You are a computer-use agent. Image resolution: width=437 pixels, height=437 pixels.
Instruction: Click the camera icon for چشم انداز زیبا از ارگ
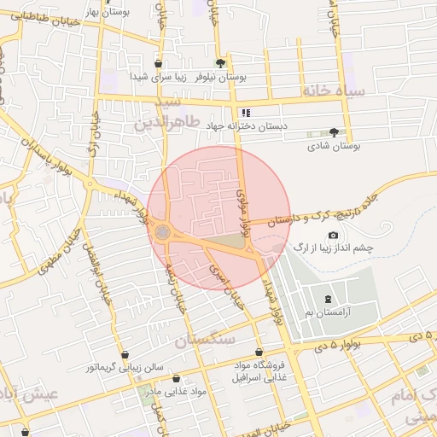click(x=333, y=235)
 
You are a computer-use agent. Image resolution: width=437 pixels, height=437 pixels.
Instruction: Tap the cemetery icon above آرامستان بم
click(x=329, y=298)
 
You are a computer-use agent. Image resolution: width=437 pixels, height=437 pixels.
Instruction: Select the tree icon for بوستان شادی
click(x=333, y=132)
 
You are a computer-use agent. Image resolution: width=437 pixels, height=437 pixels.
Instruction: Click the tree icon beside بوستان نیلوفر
click(x=221, y=63)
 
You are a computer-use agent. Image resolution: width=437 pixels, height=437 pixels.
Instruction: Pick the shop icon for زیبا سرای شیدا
click(x=159, y=64)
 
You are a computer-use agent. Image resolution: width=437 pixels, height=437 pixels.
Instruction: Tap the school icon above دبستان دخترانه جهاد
click(x=246, y=112)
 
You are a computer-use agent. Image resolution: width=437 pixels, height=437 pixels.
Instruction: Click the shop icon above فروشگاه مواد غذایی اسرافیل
click(x=259, y=352)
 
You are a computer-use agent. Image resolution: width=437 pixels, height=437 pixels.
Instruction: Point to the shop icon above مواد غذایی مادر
click(x=176, y=378)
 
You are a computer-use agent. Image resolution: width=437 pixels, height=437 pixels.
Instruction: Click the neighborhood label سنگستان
click(x=205, y=340)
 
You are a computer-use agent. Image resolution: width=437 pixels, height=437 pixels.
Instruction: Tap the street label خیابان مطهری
click(x=57, y=253)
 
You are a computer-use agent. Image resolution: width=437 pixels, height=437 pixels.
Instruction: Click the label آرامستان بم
click(x=329, y=313)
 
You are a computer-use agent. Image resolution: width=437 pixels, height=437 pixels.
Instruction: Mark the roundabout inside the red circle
click(x=161, y=232)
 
